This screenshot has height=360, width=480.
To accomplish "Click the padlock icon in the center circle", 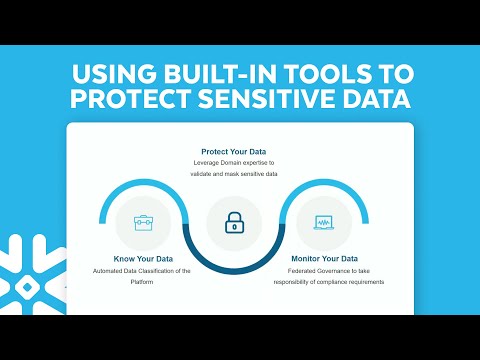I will tap(234, 223).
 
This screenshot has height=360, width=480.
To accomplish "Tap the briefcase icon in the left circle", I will tap(143, 222).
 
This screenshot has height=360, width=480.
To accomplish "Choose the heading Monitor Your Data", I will tap(325, 259).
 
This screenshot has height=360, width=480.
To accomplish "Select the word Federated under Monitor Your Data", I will tap(287, 272).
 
